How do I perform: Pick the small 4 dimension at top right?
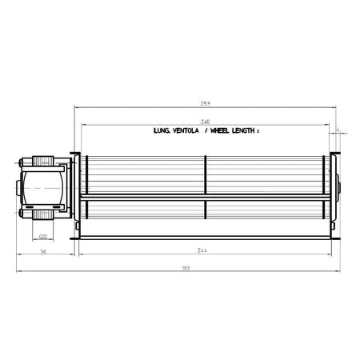click(338, 127)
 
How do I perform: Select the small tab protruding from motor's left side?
click(17, 189)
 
